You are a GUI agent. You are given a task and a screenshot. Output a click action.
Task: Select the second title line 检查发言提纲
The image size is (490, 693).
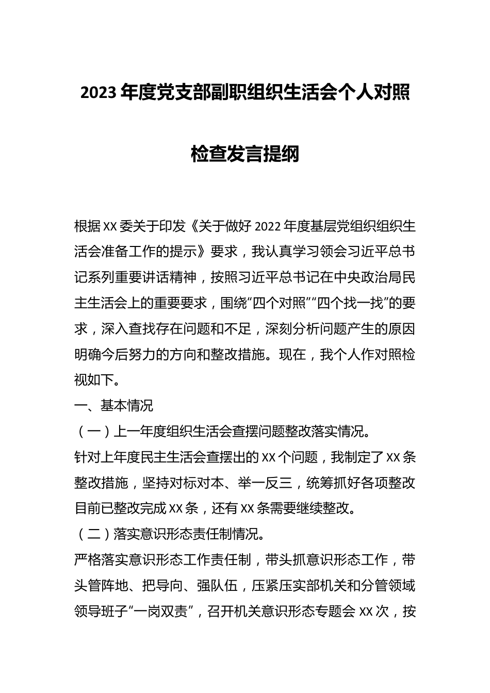click(x=245, y=153)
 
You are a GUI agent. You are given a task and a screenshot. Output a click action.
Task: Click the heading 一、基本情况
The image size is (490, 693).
click(x=113, y=406)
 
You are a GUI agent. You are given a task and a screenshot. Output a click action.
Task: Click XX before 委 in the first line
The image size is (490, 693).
click(x=111, y=227)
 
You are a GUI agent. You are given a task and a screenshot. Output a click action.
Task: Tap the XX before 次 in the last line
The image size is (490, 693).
click(x=365, y=612)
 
